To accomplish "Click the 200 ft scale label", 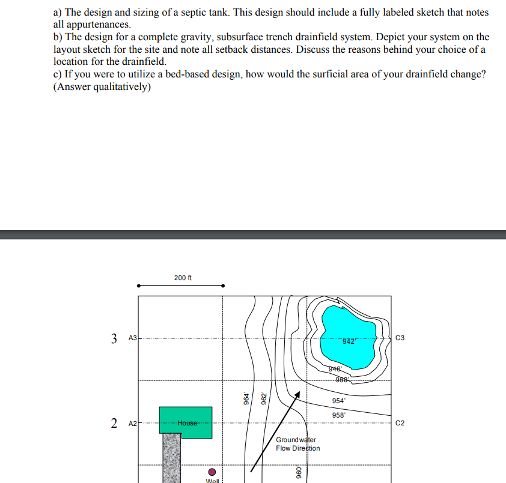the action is click(x=183, y=277).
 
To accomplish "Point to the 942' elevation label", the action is click(x=349, y=341).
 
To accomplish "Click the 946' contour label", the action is click(x=335, y=370).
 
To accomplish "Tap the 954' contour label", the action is click(x=339, y=401).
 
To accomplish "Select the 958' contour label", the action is click(x=339, y=415).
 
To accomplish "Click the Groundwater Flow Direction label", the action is click(x=297, y=444).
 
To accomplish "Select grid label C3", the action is click(x=401, y=338).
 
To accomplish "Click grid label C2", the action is click(x=401, y=424).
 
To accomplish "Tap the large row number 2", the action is click(x=114, y=423).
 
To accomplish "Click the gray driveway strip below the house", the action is click(x=172, y=459).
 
